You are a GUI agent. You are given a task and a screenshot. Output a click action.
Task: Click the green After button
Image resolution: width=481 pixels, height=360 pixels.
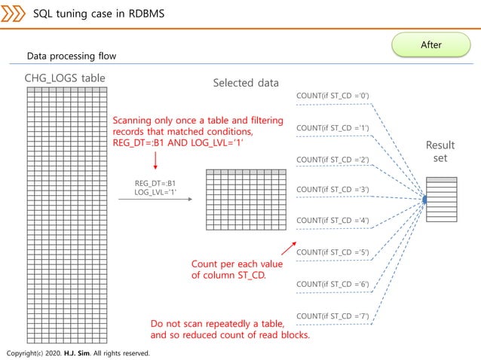click(x=431, y=44)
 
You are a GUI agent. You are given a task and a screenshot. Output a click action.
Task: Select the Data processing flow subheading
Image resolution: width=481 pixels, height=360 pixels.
click(x=72, y=56)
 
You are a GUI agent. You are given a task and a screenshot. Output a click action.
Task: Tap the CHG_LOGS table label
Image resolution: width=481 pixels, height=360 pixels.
click(x=65, y=78)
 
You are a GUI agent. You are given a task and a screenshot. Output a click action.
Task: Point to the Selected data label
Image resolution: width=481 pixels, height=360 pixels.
click(x=246, y=83)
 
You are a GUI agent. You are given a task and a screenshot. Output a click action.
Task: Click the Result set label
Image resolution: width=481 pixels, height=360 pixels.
click(x=440, y=151)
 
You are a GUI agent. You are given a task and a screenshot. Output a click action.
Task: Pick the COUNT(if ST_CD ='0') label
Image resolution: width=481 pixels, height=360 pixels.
click(x=332, y=96)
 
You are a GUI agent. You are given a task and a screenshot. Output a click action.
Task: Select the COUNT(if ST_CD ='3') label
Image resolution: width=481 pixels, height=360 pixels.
click(x=332, y=189)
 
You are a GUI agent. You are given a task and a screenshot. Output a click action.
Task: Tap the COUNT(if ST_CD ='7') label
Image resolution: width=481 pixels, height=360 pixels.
click(x=332, y=315)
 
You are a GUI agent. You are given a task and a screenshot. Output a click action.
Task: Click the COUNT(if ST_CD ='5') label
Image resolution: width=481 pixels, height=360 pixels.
click(x=332, y=252)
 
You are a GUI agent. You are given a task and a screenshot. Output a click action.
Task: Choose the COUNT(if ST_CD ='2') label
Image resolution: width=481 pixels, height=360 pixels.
click(x=332, y=160)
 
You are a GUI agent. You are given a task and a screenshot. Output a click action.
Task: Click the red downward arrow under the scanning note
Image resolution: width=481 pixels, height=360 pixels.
click(x=155, y=160)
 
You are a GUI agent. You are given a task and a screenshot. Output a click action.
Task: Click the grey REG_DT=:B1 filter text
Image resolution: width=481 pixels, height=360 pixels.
click(x=155, y=183)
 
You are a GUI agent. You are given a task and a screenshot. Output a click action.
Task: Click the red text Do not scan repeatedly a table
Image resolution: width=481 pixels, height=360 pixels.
click(x=228, y=325)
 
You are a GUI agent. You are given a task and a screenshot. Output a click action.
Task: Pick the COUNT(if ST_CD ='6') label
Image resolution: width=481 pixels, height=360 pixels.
click(x=332, y=284)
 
